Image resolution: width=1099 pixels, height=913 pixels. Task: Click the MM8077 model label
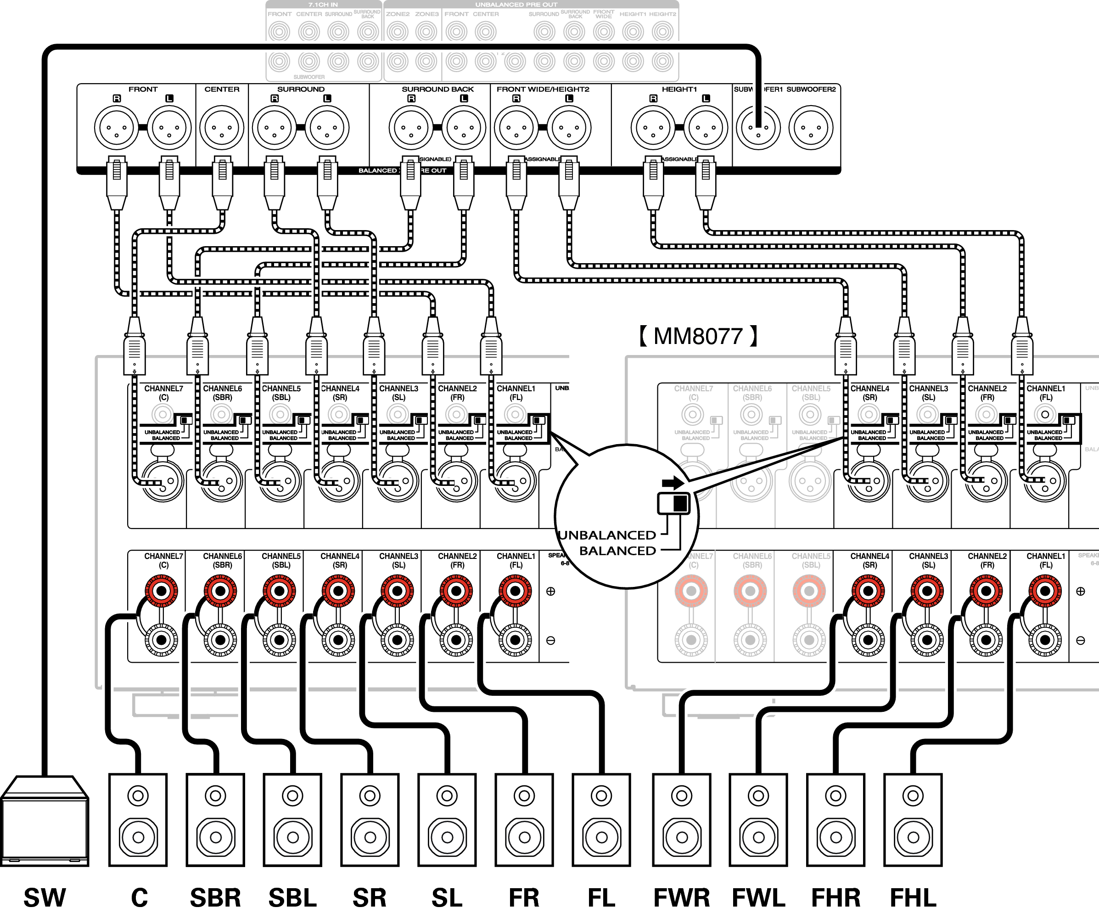(x=698, y=336)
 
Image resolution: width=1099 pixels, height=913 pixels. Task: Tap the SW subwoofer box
(x=45, y=822)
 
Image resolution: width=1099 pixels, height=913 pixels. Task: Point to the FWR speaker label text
(x=681, y=897)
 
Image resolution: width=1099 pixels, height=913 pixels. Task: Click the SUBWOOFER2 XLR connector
(x=811, y=128)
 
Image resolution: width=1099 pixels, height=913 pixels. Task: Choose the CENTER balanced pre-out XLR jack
(x=222, y=128)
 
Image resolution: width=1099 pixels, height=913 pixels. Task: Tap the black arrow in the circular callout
(x=673, y=483)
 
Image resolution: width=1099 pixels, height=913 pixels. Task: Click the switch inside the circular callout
(x=674, y=504)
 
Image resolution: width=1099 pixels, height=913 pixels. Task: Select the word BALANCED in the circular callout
(x=617, y=551)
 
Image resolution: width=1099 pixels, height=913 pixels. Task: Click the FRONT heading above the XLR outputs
(x=143, y=90)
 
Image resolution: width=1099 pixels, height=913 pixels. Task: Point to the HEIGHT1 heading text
(x=679, y=90)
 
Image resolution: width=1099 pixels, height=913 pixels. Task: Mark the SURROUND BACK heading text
(x=437, y=90)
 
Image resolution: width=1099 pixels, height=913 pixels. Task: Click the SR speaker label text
(x=370, y=897)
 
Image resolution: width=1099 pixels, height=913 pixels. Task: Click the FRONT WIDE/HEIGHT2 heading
(x=543, y=90)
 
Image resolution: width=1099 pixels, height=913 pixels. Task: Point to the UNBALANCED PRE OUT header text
(x=516, y=5)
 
